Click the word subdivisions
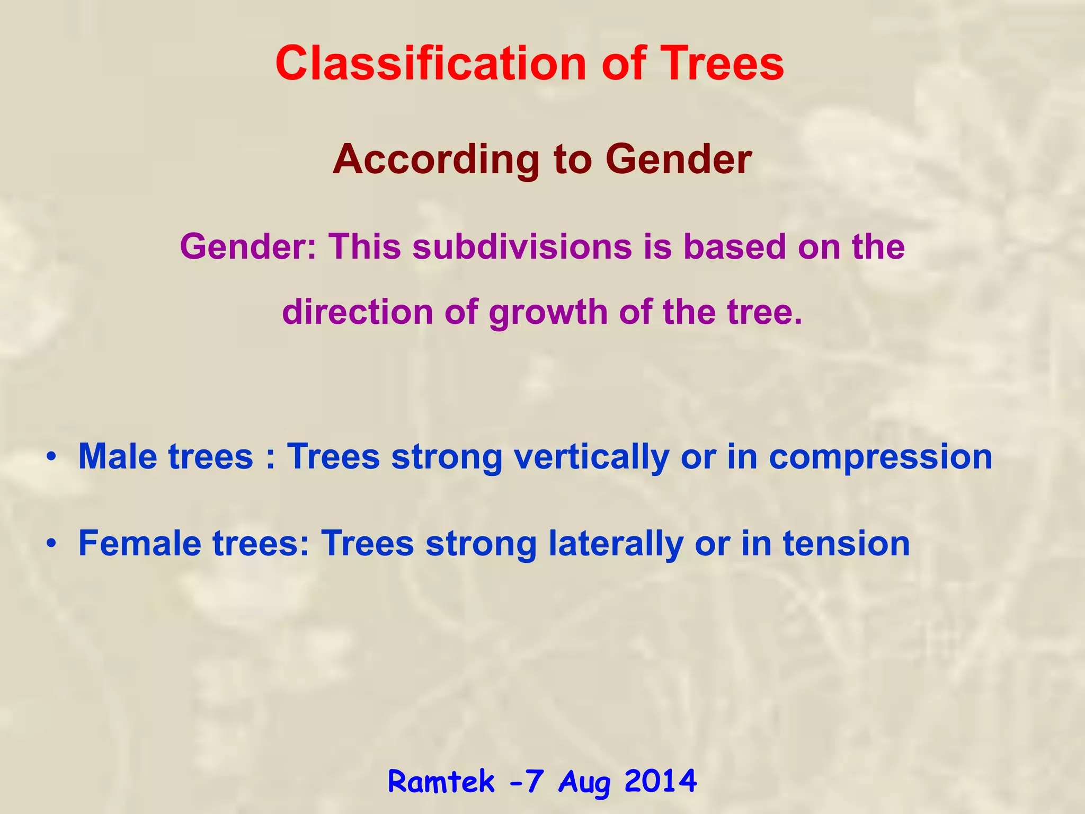522,247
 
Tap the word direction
358,312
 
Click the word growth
548,313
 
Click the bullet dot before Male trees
50,457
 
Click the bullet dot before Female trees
50,544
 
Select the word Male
117,457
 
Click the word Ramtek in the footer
441,782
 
